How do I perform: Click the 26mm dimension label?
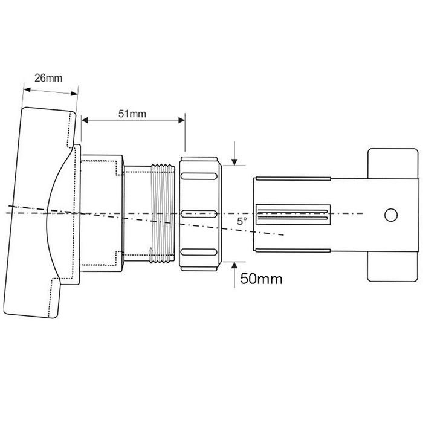pos(48,78)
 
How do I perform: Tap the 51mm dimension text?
pos(132,114)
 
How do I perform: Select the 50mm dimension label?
pos(261,279)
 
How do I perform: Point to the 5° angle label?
pos(242,221)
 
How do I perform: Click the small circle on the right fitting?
pos(390,215)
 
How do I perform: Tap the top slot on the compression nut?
pos(199,176)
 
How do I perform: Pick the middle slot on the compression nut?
pos(199,214)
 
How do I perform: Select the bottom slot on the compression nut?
pos(199,252)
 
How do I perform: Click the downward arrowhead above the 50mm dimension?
pos(234,162)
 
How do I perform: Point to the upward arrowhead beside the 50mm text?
pos(234,265)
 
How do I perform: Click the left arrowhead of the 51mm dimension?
pos(85,120)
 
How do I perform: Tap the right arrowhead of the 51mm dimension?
pos(181,120)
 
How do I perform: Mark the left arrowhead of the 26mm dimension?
pos(27,89)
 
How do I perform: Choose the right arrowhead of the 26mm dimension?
pos(74,94)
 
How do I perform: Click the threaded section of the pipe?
pos(162,213)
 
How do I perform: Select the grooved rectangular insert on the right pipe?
pos(293,215)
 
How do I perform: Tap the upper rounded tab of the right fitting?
pos(393,164)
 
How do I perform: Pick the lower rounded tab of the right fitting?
pos(392,266)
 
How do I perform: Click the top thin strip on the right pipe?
pos(293,178)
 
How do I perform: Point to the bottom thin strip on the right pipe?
pos(293,250)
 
